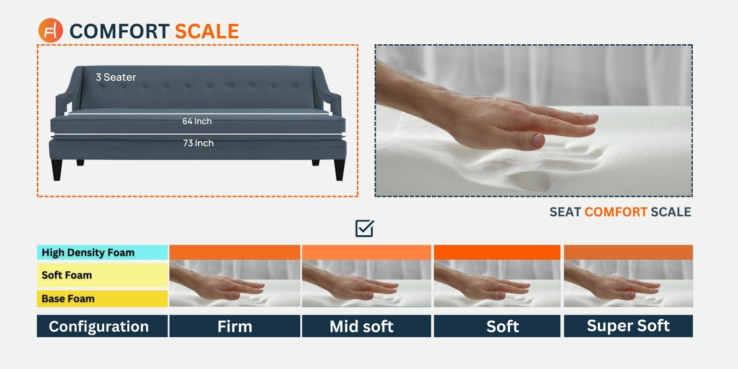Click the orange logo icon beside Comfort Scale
pos(50,30)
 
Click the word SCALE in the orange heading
pos(207,32)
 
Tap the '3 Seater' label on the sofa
pos(116,77)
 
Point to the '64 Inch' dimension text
pos(197,121)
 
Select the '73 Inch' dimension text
pos(198,143)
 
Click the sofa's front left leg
pos(57,170)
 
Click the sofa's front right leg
pos(339,170)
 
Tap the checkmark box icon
pos(365,228)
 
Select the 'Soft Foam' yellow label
pos(102,275)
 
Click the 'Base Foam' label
pos(102,298)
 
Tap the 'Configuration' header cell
pos(102,326)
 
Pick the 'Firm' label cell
pos(235,326)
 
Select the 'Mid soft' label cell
pos(366,326)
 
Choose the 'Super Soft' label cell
pos(628,326)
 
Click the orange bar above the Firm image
pos(235,252)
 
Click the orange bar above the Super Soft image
pos(628,252)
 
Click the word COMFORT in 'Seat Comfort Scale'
pos(616,212)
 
